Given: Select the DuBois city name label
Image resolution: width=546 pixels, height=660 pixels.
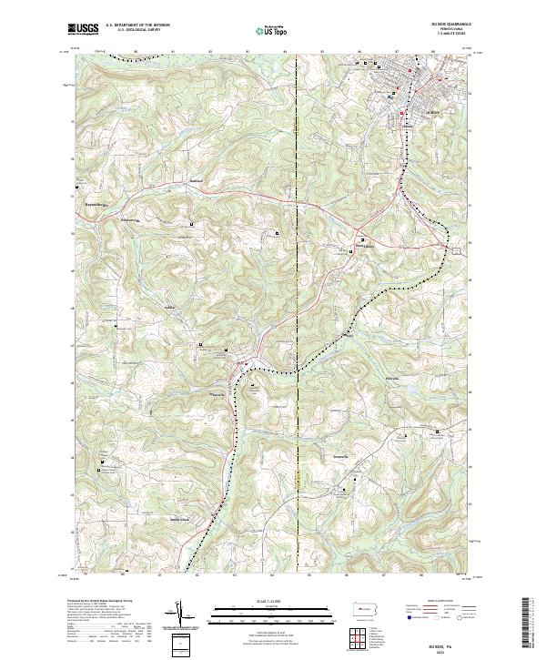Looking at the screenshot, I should (432, 112).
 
